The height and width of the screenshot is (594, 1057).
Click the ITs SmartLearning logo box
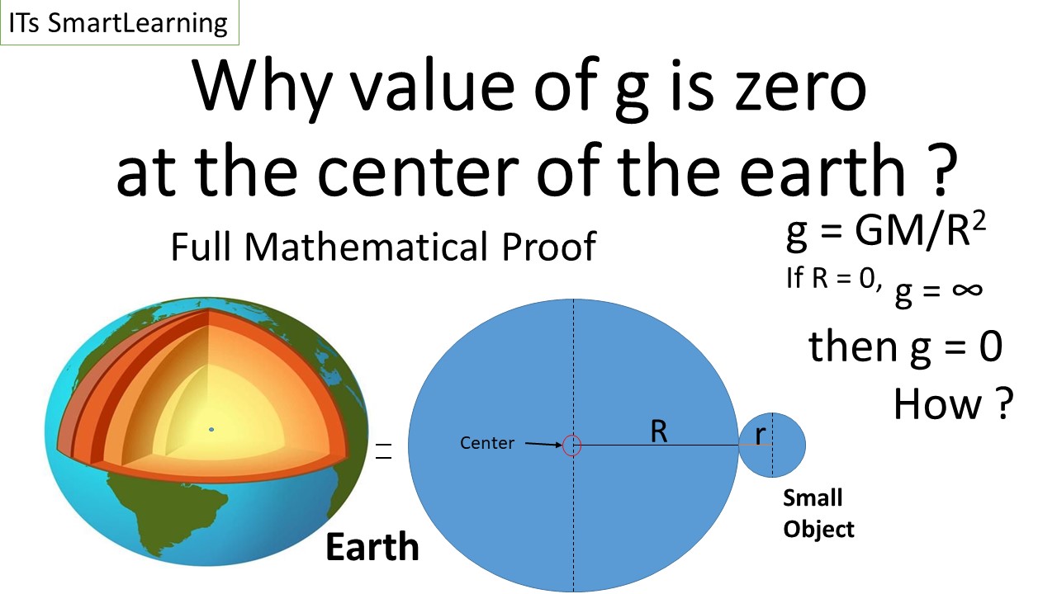tap(119, 22)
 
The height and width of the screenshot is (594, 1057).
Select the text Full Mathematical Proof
tap(382, 247)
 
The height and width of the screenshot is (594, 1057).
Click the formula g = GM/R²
tap(885, 234)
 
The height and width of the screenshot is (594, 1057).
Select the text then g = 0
tap(905, 346)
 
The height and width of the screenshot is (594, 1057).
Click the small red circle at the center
tap(572, 445)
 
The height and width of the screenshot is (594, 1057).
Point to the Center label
tap(487, 443)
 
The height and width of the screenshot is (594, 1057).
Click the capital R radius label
tap(658, 431)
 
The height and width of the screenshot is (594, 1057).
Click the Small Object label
tap(818, 513)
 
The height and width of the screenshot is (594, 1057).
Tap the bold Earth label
tap(372, 547)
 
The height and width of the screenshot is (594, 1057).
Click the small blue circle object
tap(784, 445)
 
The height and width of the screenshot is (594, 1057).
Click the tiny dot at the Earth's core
tap(211, 429)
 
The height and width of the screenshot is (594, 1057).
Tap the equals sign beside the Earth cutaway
tap(383, 450)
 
